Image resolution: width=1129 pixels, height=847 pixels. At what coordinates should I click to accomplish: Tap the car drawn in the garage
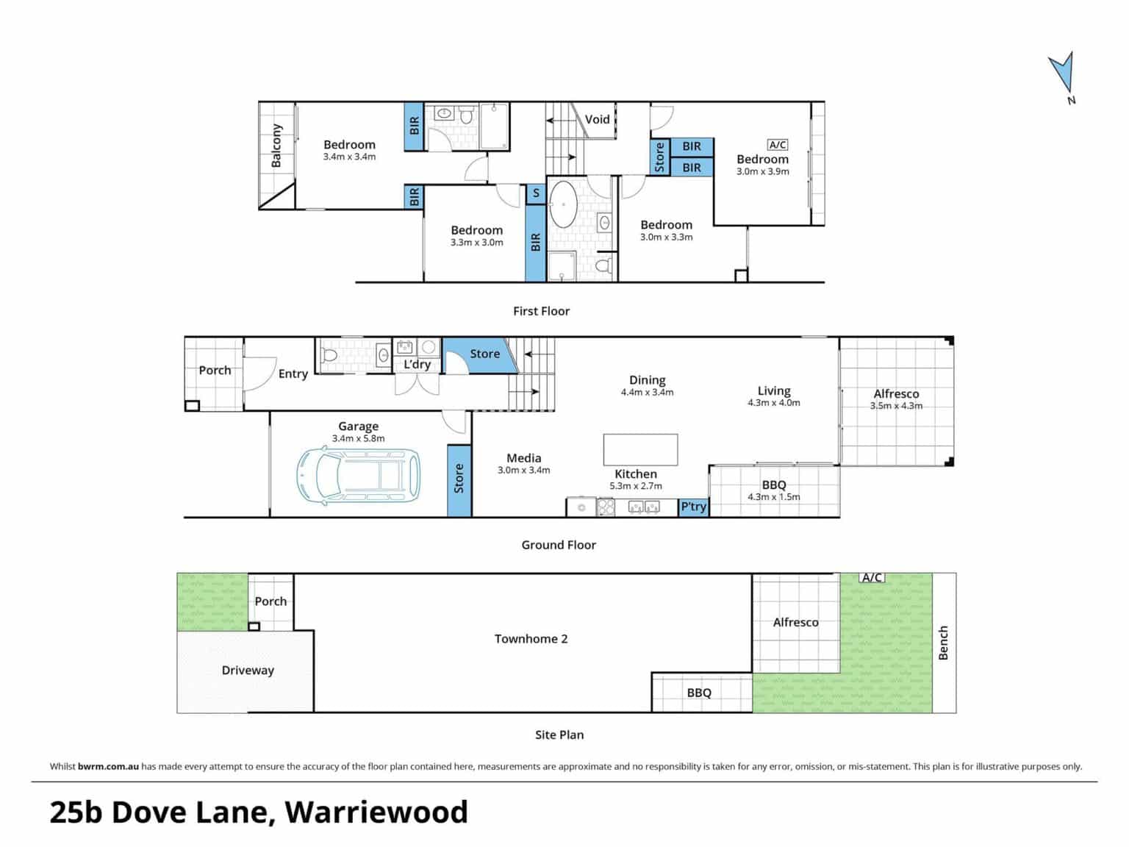click(358, 476)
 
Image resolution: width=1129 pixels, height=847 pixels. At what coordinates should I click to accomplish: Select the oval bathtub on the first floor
click(563, 204)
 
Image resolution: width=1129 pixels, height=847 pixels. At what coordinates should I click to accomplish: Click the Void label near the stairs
click(597, 119)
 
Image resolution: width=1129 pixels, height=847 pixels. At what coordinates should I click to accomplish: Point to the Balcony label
click(276, 146)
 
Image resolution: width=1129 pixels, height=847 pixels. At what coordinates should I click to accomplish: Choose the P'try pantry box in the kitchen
click(693, 507)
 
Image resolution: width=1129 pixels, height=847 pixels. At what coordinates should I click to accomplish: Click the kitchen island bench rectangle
click(640, 449)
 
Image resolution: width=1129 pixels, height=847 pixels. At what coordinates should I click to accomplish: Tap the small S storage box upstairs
click(536, 193)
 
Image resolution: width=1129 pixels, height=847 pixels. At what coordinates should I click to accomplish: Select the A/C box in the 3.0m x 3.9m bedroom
click(777, 145)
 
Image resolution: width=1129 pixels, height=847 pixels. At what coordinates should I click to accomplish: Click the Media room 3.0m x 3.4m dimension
click(523, 470)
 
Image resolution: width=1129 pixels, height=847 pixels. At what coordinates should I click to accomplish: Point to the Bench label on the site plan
click(943, 643)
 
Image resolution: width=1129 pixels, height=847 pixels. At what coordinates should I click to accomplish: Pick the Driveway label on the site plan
click(248, 671)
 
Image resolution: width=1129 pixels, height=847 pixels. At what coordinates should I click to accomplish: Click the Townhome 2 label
click(531, 639)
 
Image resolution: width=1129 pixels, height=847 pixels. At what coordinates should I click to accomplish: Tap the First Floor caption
click(542, 311)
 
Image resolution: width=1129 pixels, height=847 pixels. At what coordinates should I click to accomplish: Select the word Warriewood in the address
click(376, 812)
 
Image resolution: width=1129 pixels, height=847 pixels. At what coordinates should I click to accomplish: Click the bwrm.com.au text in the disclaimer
click(109, 766)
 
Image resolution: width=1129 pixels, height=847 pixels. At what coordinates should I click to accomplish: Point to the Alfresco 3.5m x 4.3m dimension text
click(896, 406)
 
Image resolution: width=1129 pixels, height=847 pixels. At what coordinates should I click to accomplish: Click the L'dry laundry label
click(417, 365)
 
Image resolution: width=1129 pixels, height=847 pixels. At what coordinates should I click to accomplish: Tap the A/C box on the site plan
click(872, 577)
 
